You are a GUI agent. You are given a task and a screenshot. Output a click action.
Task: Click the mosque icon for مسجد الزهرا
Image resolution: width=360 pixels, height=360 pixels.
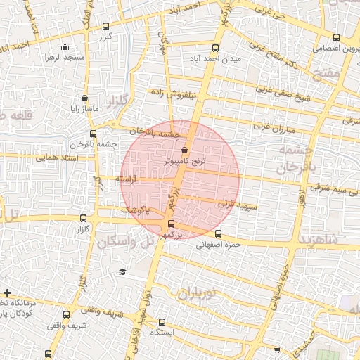point(66,47)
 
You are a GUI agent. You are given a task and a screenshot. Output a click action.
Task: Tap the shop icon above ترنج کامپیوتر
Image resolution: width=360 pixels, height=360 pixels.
point(184,150)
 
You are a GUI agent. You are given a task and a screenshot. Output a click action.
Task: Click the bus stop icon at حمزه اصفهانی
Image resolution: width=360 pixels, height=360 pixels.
point(217,233)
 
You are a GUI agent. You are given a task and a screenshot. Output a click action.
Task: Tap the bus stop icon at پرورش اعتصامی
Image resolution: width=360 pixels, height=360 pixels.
point(336,38)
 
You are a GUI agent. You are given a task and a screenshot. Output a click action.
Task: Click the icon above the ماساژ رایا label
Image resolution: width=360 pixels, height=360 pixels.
point(85,98)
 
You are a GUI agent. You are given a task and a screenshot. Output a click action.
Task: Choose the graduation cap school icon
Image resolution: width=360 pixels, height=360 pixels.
point(122,271)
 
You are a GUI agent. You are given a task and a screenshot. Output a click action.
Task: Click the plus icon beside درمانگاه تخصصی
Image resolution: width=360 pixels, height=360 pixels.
point(7,292)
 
